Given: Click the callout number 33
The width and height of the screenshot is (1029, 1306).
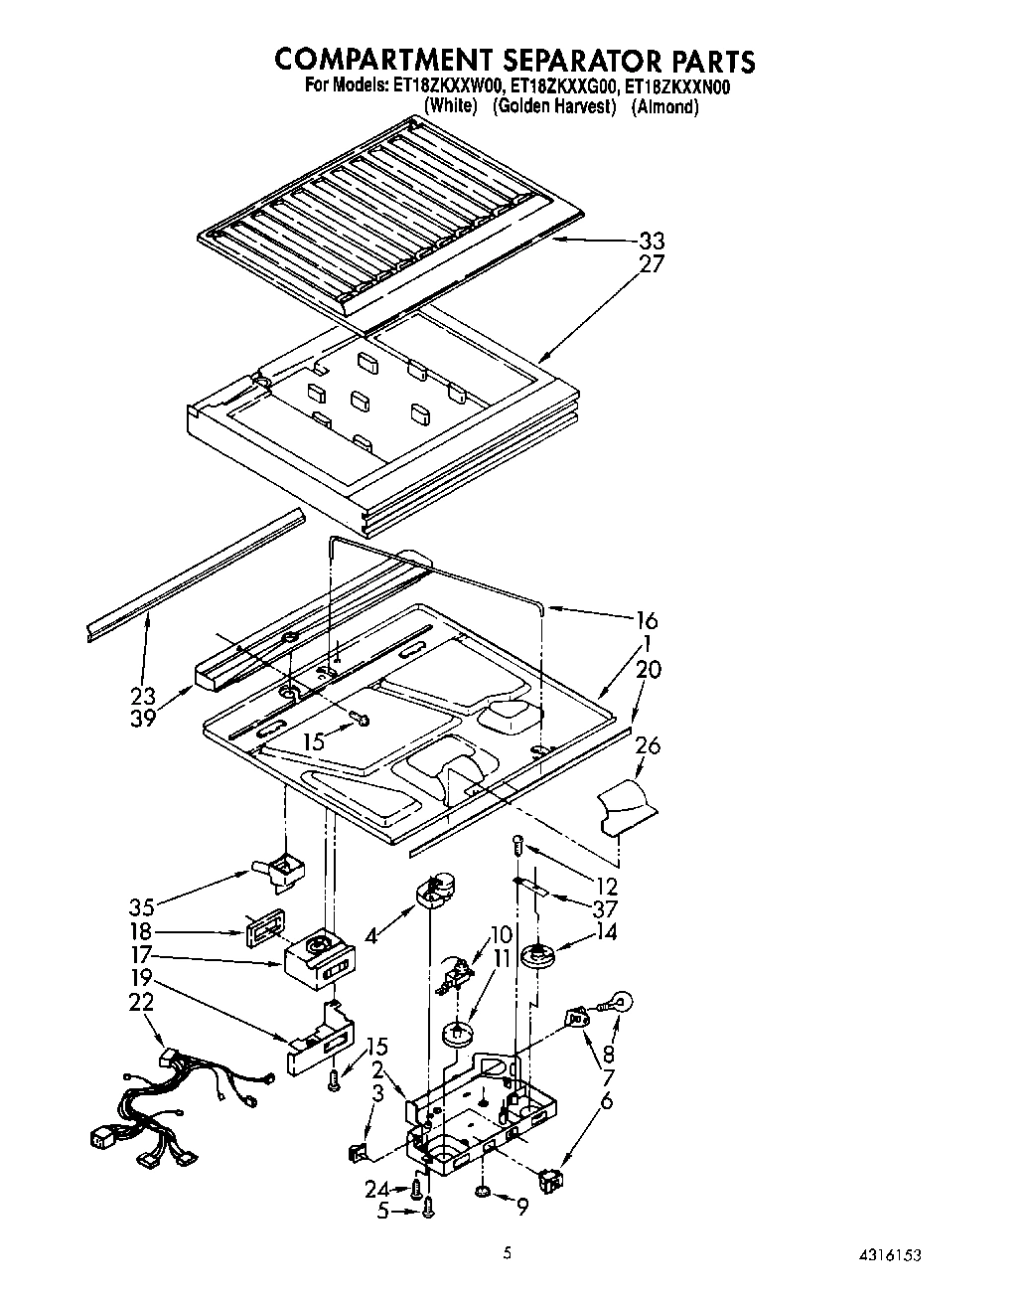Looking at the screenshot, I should point(652,242).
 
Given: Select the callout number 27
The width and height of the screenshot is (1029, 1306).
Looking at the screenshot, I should point(652,264).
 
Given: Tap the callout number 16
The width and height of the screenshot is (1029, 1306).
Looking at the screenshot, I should point(647,621).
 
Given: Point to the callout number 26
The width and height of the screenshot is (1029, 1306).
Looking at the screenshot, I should point(647,746).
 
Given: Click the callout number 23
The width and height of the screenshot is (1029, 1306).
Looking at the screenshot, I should point(143,696).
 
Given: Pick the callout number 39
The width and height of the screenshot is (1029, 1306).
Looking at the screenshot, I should point(143,719).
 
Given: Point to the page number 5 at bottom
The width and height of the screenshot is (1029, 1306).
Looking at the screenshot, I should point(508,1254).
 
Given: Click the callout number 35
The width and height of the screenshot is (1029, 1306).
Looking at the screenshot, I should point(143,907).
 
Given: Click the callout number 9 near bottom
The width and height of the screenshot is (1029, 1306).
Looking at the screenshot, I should point(521,1208).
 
